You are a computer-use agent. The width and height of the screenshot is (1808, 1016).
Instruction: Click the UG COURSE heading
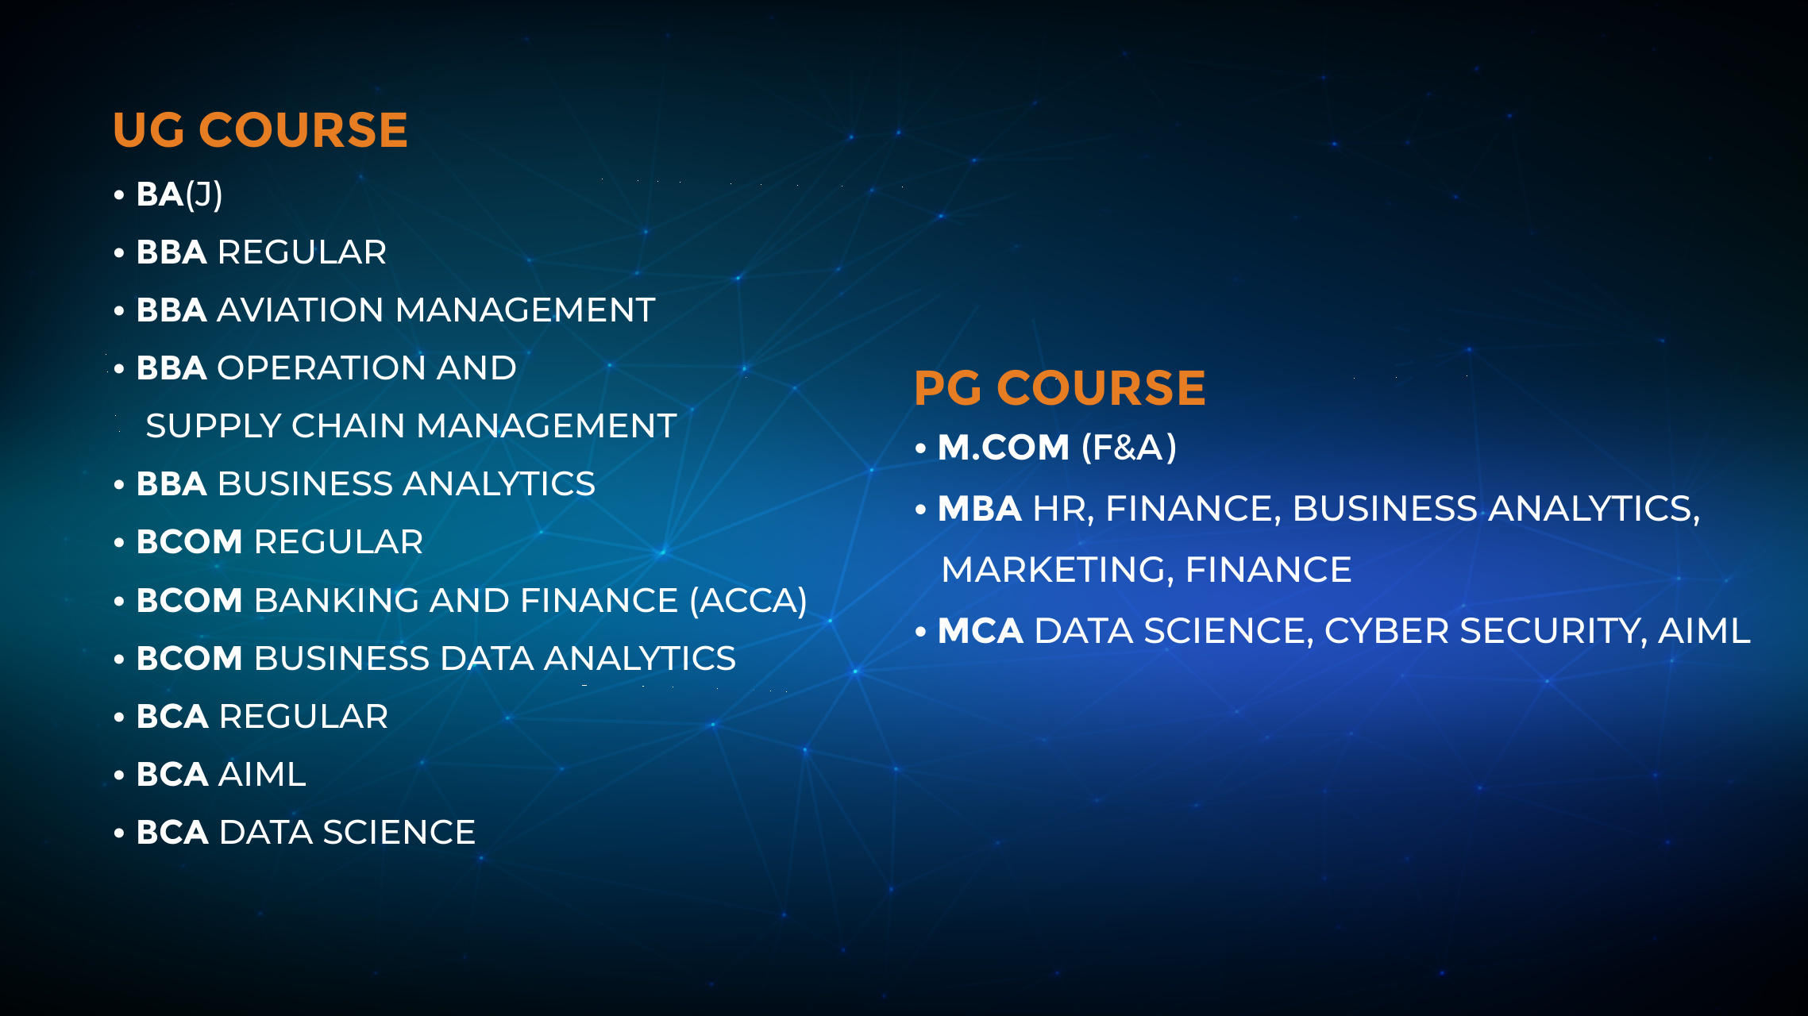pos(260,129)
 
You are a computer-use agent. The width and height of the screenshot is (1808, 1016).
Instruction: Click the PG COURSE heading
pos(1060,387)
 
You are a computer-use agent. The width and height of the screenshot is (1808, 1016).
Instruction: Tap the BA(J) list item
pos(179,194)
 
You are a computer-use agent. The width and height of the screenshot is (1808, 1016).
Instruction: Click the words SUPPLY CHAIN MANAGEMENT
pos(411,426)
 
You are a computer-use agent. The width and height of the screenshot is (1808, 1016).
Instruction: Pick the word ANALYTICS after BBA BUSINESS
pos(499,484)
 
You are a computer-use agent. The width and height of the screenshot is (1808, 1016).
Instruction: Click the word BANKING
pos(337,600)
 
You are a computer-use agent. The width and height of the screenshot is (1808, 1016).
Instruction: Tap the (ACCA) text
pos(748,601)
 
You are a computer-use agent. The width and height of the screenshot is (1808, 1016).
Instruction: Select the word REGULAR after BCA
pos(303,717)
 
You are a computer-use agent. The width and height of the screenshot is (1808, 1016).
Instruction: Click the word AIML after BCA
pos(262,775)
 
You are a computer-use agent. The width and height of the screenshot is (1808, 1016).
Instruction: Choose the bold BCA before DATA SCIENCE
pos(172,833)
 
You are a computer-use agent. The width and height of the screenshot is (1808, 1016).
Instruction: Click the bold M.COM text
pos(1004,448)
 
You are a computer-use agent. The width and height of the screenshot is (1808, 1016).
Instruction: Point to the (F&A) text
pos(1129,448)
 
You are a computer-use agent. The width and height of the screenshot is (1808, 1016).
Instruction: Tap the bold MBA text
pos(980,509)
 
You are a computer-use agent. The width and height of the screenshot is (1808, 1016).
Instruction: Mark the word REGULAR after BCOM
pos(338,542)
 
